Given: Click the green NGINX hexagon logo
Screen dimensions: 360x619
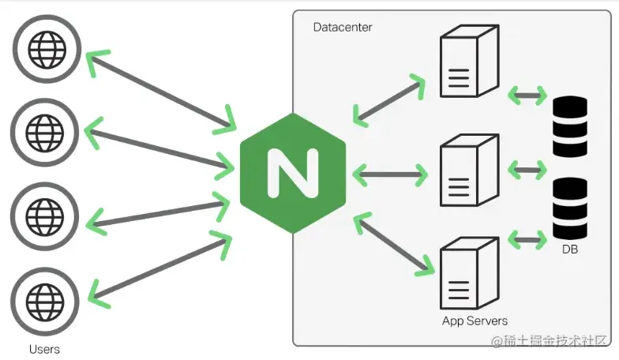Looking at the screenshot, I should tap(292, 172).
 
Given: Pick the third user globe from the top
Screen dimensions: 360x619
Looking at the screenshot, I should tap(45, 214).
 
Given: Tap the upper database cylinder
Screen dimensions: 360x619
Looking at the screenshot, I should tap(570, 126).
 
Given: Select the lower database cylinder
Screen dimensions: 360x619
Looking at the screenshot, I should tap(570, 208).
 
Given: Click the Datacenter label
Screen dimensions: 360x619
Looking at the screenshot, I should tap(343, 28).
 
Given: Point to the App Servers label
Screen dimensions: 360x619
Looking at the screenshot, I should tap(475, 321).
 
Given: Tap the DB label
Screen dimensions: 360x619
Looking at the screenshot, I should tap(570, 249).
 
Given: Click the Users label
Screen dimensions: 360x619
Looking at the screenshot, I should tap(44, 348).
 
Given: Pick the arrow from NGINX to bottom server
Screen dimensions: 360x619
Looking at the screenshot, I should tap(395, 244).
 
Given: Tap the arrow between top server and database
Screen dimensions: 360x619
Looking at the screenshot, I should tap(527, 96).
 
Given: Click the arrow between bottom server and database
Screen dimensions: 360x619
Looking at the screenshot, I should tap(527, 238).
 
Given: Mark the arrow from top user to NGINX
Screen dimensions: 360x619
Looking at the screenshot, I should tap(161, 89).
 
